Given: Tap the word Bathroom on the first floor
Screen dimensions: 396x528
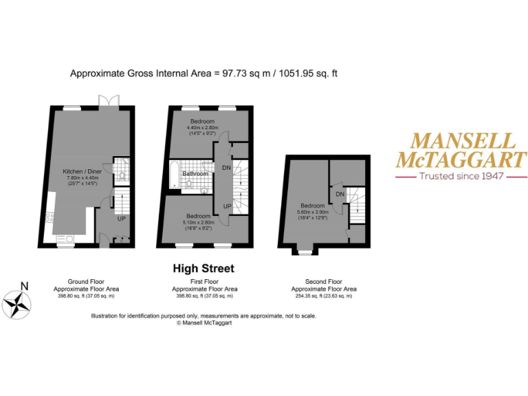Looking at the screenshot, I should point(195,173).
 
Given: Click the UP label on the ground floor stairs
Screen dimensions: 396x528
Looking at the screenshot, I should point(121,219).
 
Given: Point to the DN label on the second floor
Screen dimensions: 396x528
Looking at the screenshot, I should point(340,195).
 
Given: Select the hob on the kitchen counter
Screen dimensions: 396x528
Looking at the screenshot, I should point(49,218).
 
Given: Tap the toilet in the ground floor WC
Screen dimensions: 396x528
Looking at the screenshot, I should point(122,175).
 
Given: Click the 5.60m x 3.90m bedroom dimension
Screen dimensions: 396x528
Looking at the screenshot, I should point(312,212).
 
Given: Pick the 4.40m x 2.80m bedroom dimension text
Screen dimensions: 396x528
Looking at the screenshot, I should point(203,127).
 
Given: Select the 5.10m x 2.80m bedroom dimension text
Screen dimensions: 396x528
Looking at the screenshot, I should point(199,222).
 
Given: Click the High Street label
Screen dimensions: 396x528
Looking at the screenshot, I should point(203,268).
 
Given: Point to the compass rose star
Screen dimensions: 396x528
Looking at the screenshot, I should point(16,304).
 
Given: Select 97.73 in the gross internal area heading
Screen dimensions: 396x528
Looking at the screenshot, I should point(237,72).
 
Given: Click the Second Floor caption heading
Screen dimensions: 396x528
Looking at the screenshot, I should point(323,282).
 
